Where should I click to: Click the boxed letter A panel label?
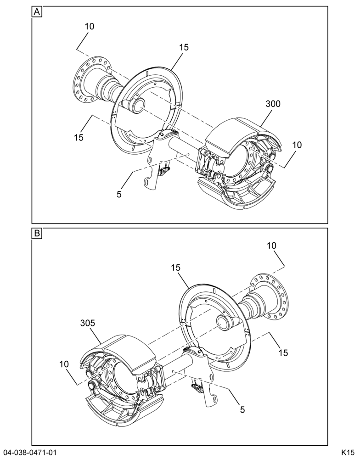coord(37,12)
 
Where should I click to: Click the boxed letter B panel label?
coord(37,233)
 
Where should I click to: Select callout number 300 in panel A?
coord(273,104)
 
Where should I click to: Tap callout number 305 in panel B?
coord(88,323)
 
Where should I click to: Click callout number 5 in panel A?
coord(119,194)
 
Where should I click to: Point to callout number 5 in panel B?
coord(242,409)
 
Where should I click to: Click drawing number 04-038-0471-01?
coord(29,452)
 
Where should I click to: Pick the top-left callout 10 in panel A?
coord(90,26)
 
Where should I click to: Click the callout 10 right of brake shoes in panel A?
coord(297,145)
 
